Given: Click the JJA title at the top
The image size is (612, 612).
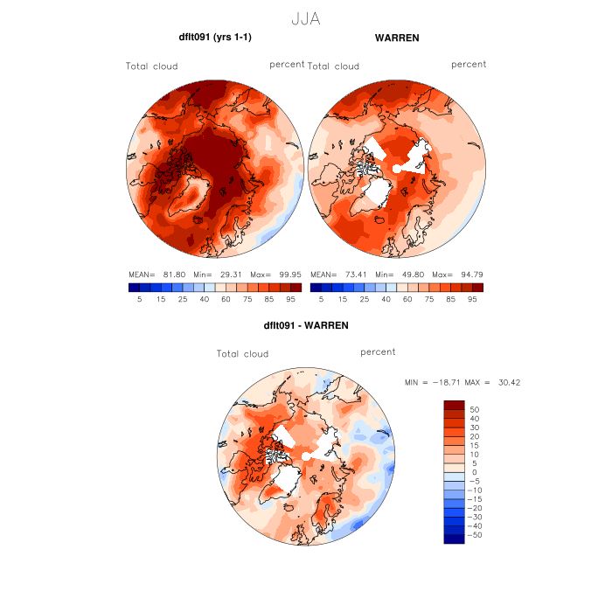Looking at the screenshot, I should click(305, 18).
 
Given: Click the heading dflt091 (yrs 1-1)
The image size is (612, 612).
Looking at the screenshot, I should click(215, 38).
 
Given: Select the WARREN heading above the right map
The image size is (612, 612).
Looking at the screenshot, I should click(396, 38).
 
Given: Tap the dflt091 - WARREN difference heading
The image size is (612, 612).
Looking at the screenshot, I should click(305, 325).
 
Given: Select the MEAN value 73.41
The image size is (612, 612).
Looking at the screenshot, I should click(352, 274).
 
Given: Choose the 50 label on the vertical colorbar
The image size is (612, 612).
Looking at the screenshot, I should click(476, 409).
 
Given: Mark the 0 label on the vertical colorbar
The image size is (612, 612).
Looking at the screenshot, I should click(473, 472).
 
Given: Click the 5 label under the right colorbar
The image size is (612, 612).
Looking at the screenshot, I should click(322, 299).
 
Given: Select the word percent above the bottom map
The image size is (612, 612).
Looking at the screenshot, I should click(378, 352).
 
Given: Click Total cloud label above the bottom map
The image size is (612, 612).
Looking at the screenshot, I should click(243, 354).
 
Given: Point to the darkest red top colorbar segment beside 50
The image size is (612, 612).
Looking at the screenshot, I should click(454, 405).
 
